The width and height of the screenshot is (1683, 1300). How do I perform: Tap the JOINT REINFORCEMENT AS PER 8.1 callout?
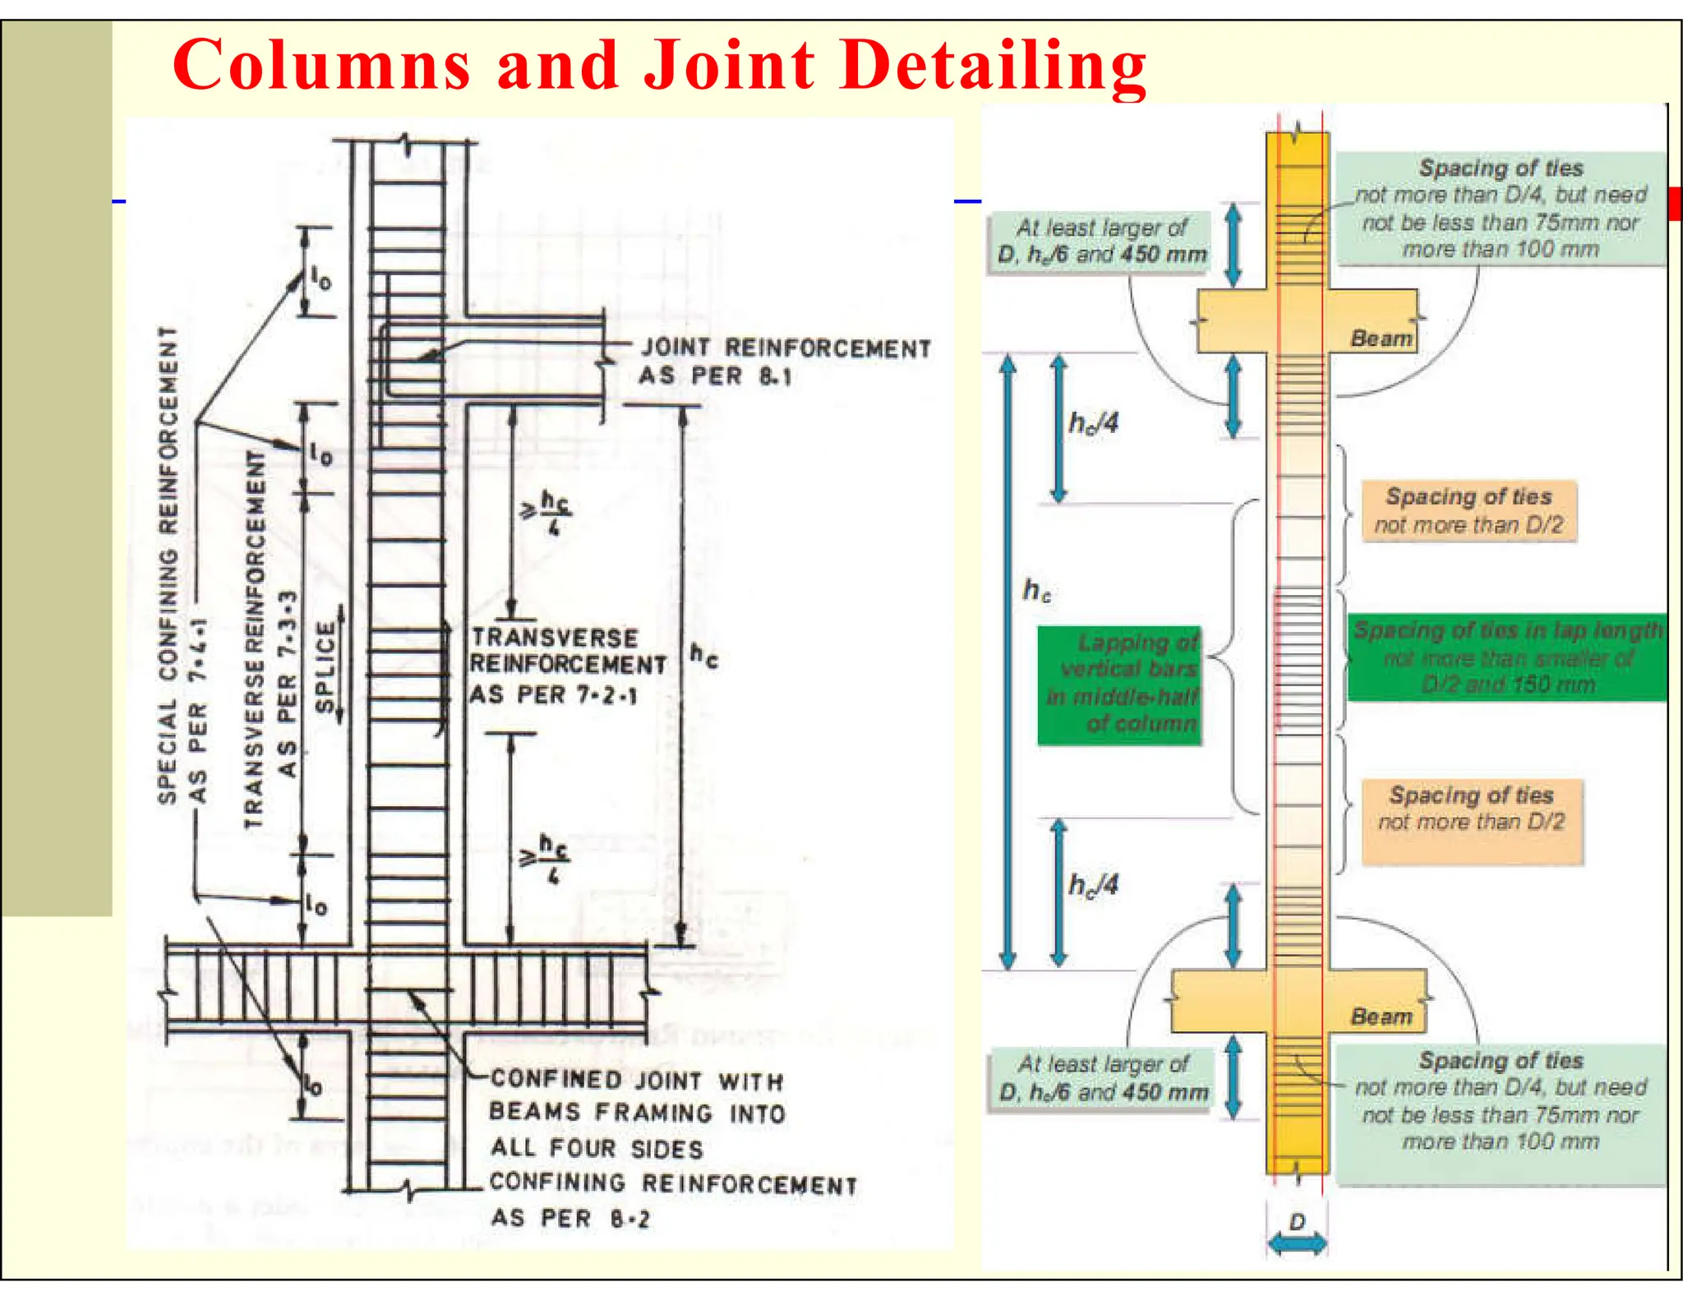[785, 362]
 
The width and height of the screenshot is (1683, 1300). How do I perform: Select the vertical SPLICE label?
[326, 666]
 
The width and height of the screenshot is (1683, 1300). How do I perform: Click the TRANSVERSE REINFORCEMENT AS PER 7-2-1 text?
[567, 666]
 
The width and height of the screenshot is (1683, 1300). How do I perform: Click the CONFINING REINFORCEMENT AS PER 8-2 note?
[672, 1201]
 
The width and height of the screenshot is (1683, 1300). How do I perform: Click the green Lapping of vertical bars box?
[1119, 685]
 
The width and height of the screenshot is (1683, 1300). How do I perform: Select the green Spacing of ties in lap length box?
[1507, 657]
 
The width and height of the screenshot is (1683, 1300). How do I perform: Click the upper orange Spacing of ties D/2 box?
[1469, 510]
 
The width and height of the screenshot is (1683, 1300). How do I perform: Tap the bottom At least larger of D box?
[1101, 1078]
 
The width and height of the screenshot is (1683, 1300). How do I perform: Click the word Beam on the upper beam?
[1381, 339]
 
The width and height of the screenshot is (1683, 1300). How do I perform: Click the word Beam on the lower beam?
[1381, 1016]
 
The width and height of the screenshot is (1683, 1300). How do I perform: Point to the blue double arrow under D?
[1297, 1243]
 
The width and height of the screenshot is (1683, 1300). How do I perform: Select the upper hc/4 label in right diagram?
[1093, 423]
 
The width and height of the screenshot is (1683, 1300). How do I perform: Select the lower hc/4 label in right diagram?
[1093, 885]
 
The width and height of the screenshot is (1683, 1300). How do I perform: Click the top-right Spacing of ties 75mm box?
[1501, 209]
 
